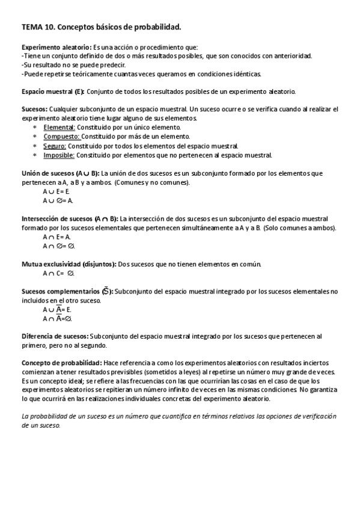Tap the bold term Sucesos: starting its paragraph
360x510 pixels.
click(34, 109)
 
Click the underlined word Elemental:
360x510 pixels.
click(59, 127)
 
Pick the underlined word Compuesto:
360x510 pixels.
click(61, 137)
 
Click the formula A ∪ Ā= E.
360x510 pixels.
click(57, 309)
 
